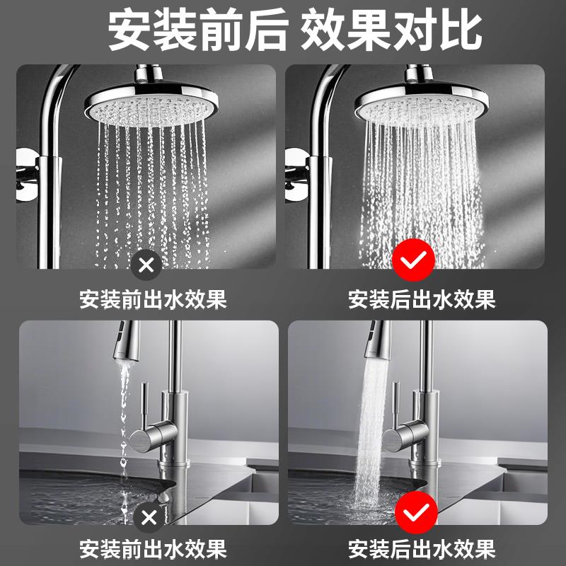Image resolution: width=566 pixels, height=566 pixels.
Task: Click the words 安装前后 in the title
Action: pyautogui.click(x=197, y=30)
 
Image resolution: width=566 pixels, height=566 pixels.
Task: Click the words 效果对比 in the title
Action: pyautogui.click(x=391, y=30)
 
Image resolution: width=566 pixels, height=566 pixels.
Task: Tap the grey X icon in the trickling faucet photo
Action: pyautogui.click(x=149, y=516)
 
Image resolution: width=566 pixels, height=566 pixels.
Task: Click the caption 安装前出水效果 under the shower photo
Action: pyautogui.click(x=153, y=299)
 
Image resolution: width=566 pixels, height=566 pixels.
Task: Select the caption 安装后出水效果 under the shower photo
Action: pyautogui.click(x=422, y=299)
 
